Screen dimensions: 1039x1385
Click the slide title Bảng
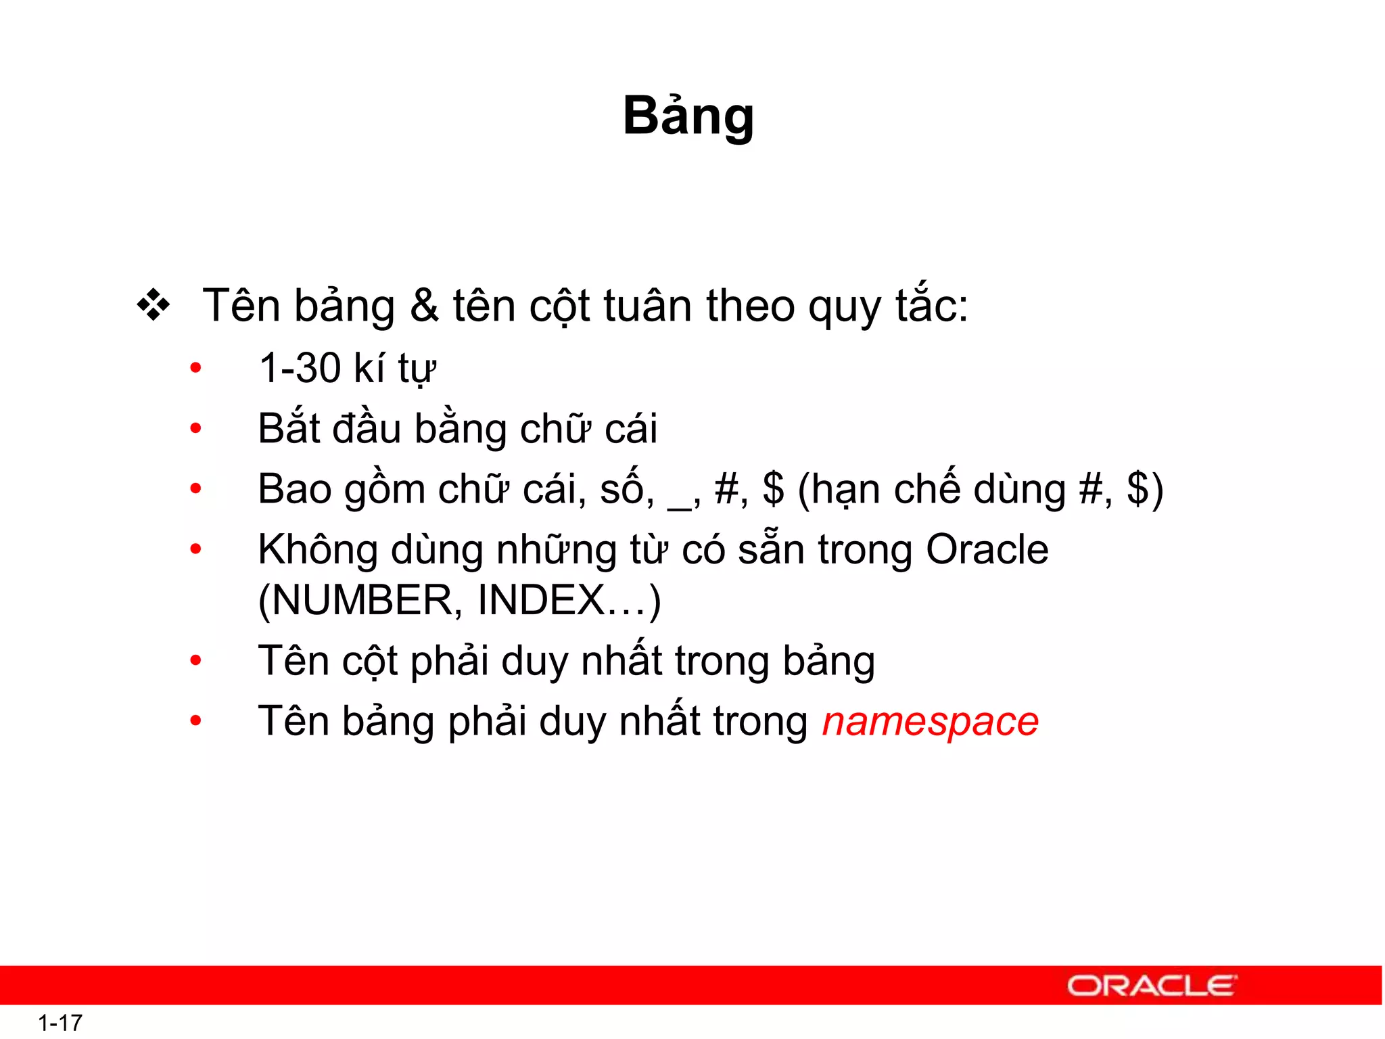point(688,116)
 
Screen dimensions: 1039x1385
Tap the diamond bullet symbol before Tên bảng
point(154,306)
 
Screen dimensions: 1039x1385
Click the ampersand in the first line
point(424,306)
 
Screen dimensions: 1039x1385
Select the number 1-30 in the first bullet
point(300,369)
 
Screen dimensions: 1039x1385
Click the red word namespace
point(930,722)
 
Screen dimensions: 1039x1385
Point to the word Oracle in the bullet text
point(987,549)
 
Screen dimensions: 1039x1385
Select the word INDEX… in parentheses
point(568,601)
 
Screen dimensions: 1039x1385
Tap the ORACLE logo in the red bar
point(1152,986)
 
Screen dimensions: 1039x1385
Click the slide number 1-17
point(60,1023)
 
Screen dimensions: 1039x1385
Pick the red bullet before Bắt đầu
point(196,428)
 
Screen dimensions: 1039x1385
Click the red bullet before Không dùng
point(196,549)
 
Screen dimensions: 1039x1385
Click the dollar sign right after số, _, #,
point(773,489)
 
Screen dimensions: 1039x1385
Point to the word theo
point(750,306)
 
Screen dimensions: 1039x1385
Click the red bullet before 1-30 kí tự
point(196,369)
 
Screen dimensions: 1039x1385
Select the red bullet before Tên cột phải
point(196,660)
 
